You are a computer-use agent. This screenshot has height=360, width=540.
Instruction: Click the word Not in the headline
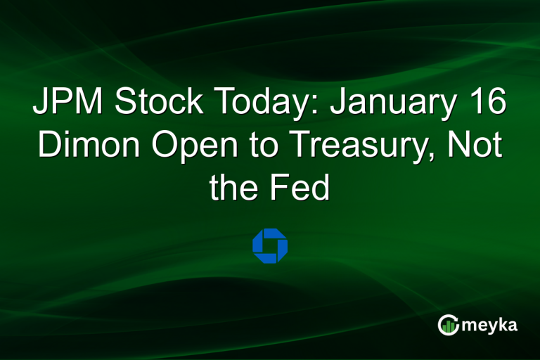pyautogui.click(x=479, y=146)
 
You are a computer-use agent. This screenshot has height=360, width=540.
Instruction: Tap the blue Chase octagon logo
pyautogui.click(x=270, y=245)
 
